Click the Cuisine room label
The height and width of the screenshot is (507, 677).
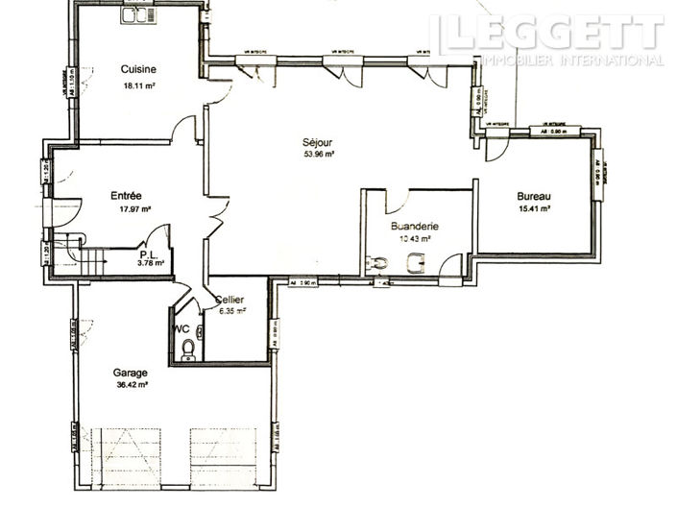coord(139,69)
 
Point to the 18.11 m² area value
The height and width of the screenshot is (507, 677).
coord(139,85)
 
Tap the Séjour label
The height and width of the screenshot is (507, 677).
coord(318,140)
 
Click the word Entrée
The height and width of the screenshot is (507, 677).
coord(126,195)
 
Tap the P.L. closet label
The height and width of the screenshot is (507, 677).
coord(150,253)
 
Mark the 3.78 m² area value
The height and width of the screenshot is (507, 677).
coord(151,262)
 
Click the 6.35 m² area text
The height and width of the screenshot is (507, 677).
coord(231,311)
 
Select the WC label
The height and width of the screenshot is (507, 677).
coord(181,327)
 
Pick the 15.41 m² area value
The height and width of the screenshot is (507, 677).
coord(533,208)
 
